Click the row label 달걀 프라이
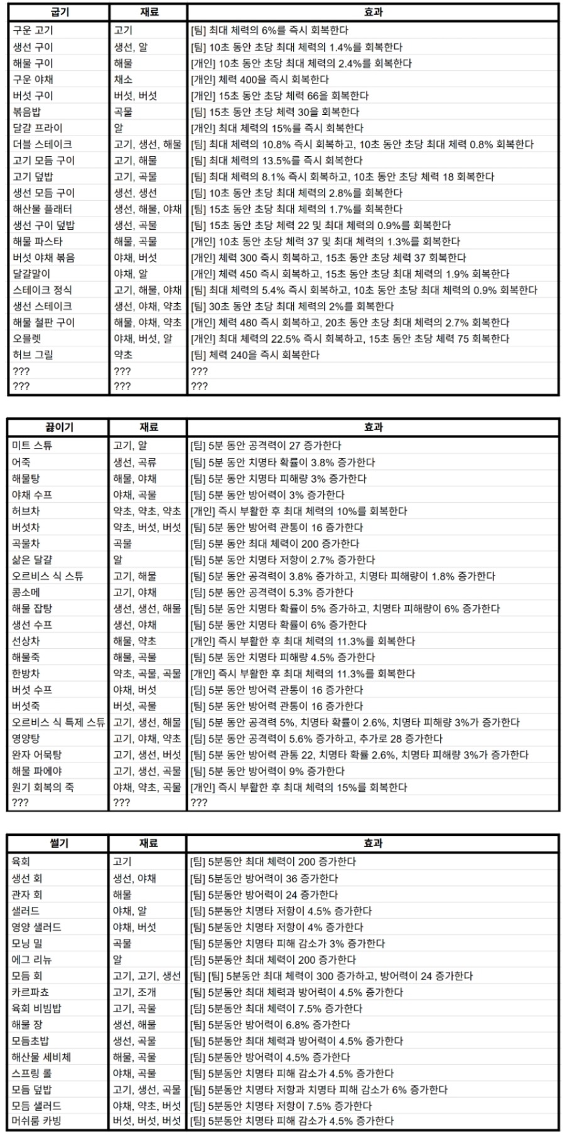[x=38, y=128]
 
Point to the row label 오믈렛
[x=28, y=339]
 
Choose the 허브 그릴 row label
[x=33, y=355]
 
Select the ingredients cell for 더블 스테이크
[x=148, y=144]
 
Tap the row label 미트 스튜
[x=32, y=446]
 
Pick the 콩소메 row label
[x=28, y=592]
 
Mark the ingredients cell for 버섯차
[x=148, y=527]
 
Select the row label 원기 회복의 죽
[x=43, y=787]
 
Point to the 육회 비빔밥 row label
[x=37, y=1008]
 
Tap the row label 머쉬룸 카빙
[x=37, y=1121]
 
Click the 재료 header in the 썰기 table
[x=149, y=843]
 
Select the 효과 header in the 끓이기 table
[x=373, y=427]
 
